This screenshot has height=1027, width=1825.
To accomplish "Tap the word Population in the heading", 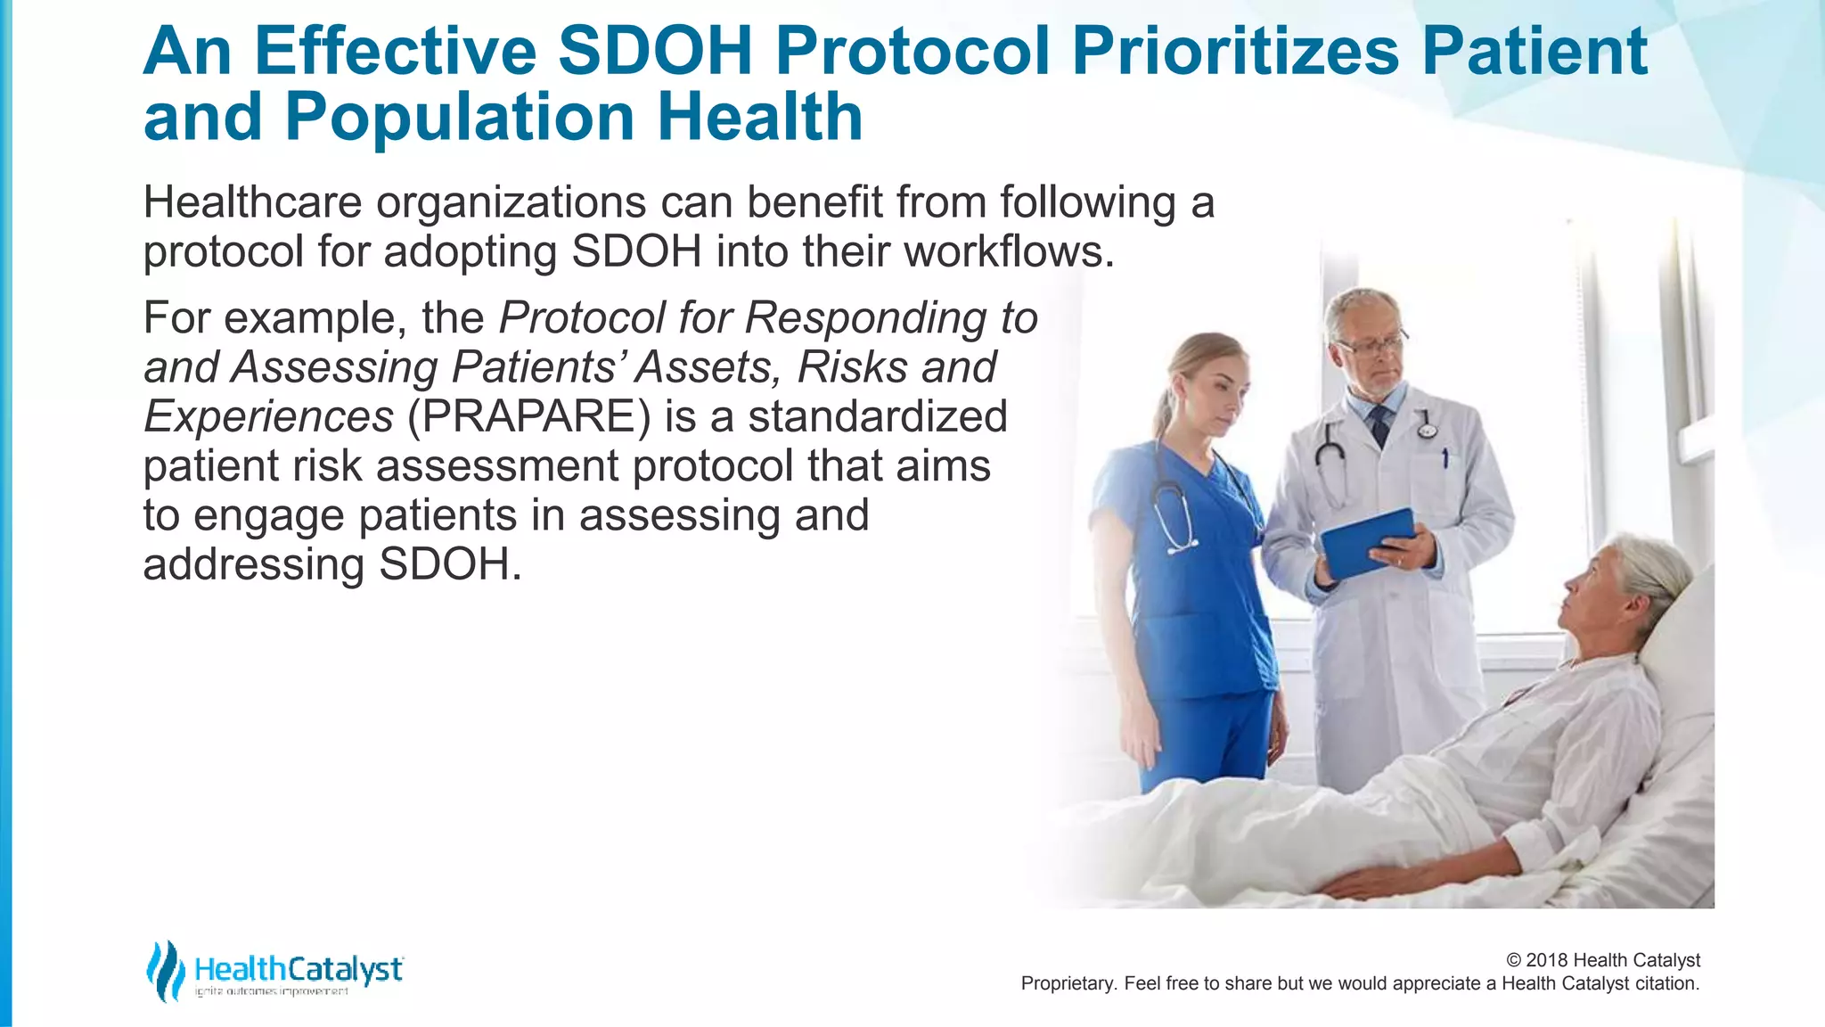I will pyautogui.click(x=459, y=119).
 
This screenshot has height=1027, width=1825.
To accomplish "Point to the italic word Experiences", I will pyautogui.click(x=268, y=417).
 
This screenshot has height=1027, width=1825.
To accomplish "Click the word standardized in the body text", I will pyautogui.click(x=877, y=417).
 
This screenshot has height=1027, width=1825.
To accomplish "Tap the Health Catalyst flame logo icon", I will pyautogui.click(x=165, y=970).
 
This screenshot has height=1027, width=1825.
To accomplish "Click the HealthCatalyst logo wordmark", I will pyautogui.click(x=299, y=969).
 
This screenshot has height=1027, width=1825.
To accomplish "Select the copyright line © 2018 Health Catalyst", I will pyautogui.click(x=1602, y=960).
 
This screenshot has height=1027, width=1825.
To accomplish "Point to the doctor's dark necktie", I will pyautogui.click(x=1380, y=423).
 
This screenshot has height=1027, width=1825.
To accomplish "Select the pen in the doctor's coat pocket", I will pyautogui.click(x=1444, y=459).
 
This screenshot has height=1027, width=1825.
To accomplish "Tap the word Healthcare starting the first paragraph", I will pyautogui.click(x=252, y=202).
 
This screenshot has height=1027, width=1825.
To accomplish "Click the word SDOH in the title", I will pyautogui.click(x=655, y=52).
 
